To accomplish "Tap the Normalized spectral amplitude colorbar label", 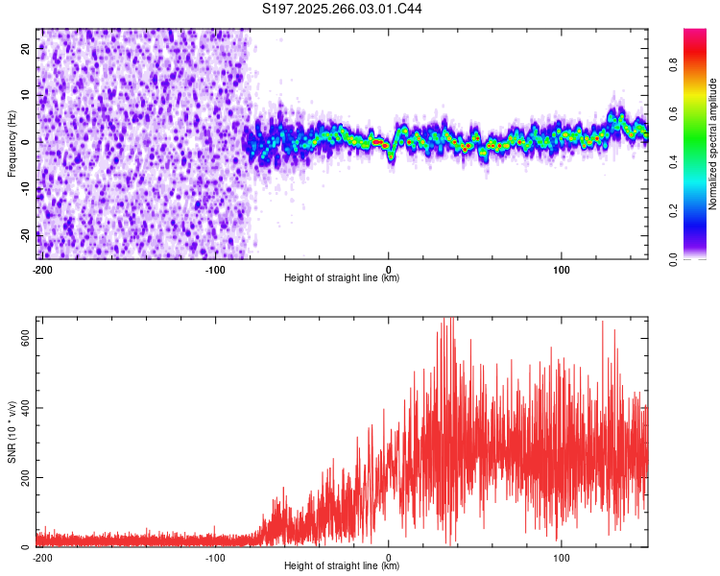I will click(x=712, y=144).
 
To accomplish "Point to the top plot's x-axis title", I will click(x=342, y=277).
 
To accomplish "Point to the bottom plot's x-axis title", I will click(x=342, y=565).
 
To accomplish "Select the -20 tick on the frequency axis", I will click(x=25, y=234).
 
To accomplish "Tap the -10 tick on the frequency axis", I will click(x=25, y=188).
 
